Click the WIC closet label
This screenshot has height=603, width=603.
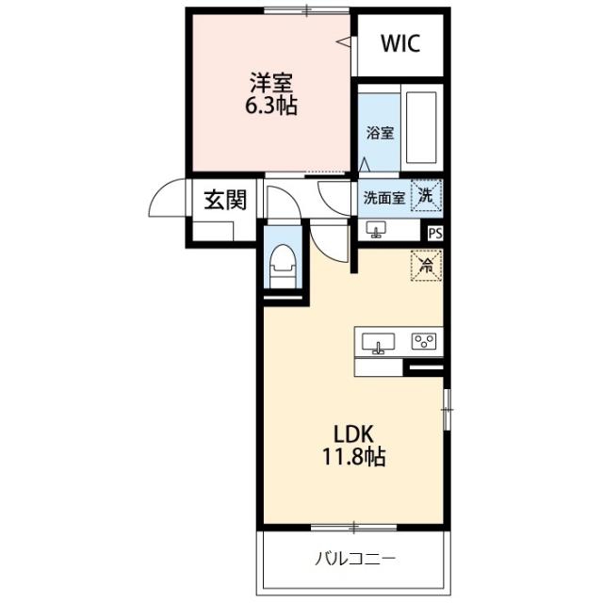[x=400, y=43]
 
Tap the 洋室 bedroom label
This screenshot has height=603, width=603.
[x=271, y=83]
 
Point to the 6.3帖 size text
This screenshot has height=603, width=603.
[x=271, y=105]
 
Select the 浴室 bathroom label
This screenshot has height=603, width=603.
[x=380, y=134]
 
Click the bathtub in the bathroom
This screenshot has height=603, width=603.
[x=421, y=128]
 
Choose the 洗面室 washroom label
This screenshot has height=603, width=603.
[x=384, y=198]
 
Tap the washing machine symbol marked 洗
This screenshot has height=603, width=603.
[x=426, y=195]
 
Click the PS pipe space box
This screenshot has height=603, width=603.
[x=435, y=234]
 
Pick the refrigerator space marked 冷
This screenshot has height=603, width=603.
[x=426, y=266]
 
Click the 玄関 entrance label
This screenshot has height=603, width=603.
[x=225, y=200]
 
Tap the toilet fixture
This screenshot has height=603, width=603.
[x=283, y=266]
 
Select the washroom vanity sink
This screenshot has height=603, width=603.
[x=376, y=229]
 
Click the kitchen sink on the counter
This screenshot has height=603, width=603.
[x=378, y=343]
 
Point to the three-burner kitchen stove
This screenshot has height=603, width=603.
[x=424, y=341]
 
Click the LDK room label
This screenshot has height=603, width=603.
[x=353, y=434]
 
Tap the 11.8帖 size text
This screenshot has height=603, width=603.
[x=354, y=457]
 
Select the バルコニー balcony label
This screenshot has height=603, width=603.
[x=355, y=559]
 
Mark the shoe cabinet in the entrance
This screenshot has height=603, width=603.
[x=213, y=231]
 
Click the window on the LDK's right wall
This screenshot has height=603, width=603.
[x=447, y=410]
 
